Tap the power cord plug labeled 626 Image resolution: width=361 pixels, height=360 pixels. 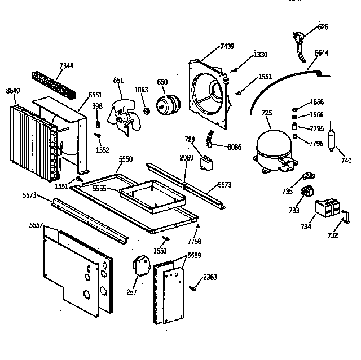point(300,38)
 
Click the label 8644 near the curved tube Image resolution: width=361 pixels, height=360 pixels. point(322,53)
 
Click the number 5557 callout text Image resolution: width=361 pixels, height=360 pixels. point(37,225)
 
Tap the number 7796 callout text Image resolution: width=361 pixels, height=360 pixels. point(317,144)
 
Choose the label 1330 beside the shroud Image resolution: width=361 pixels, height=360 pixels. point(260,55)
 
